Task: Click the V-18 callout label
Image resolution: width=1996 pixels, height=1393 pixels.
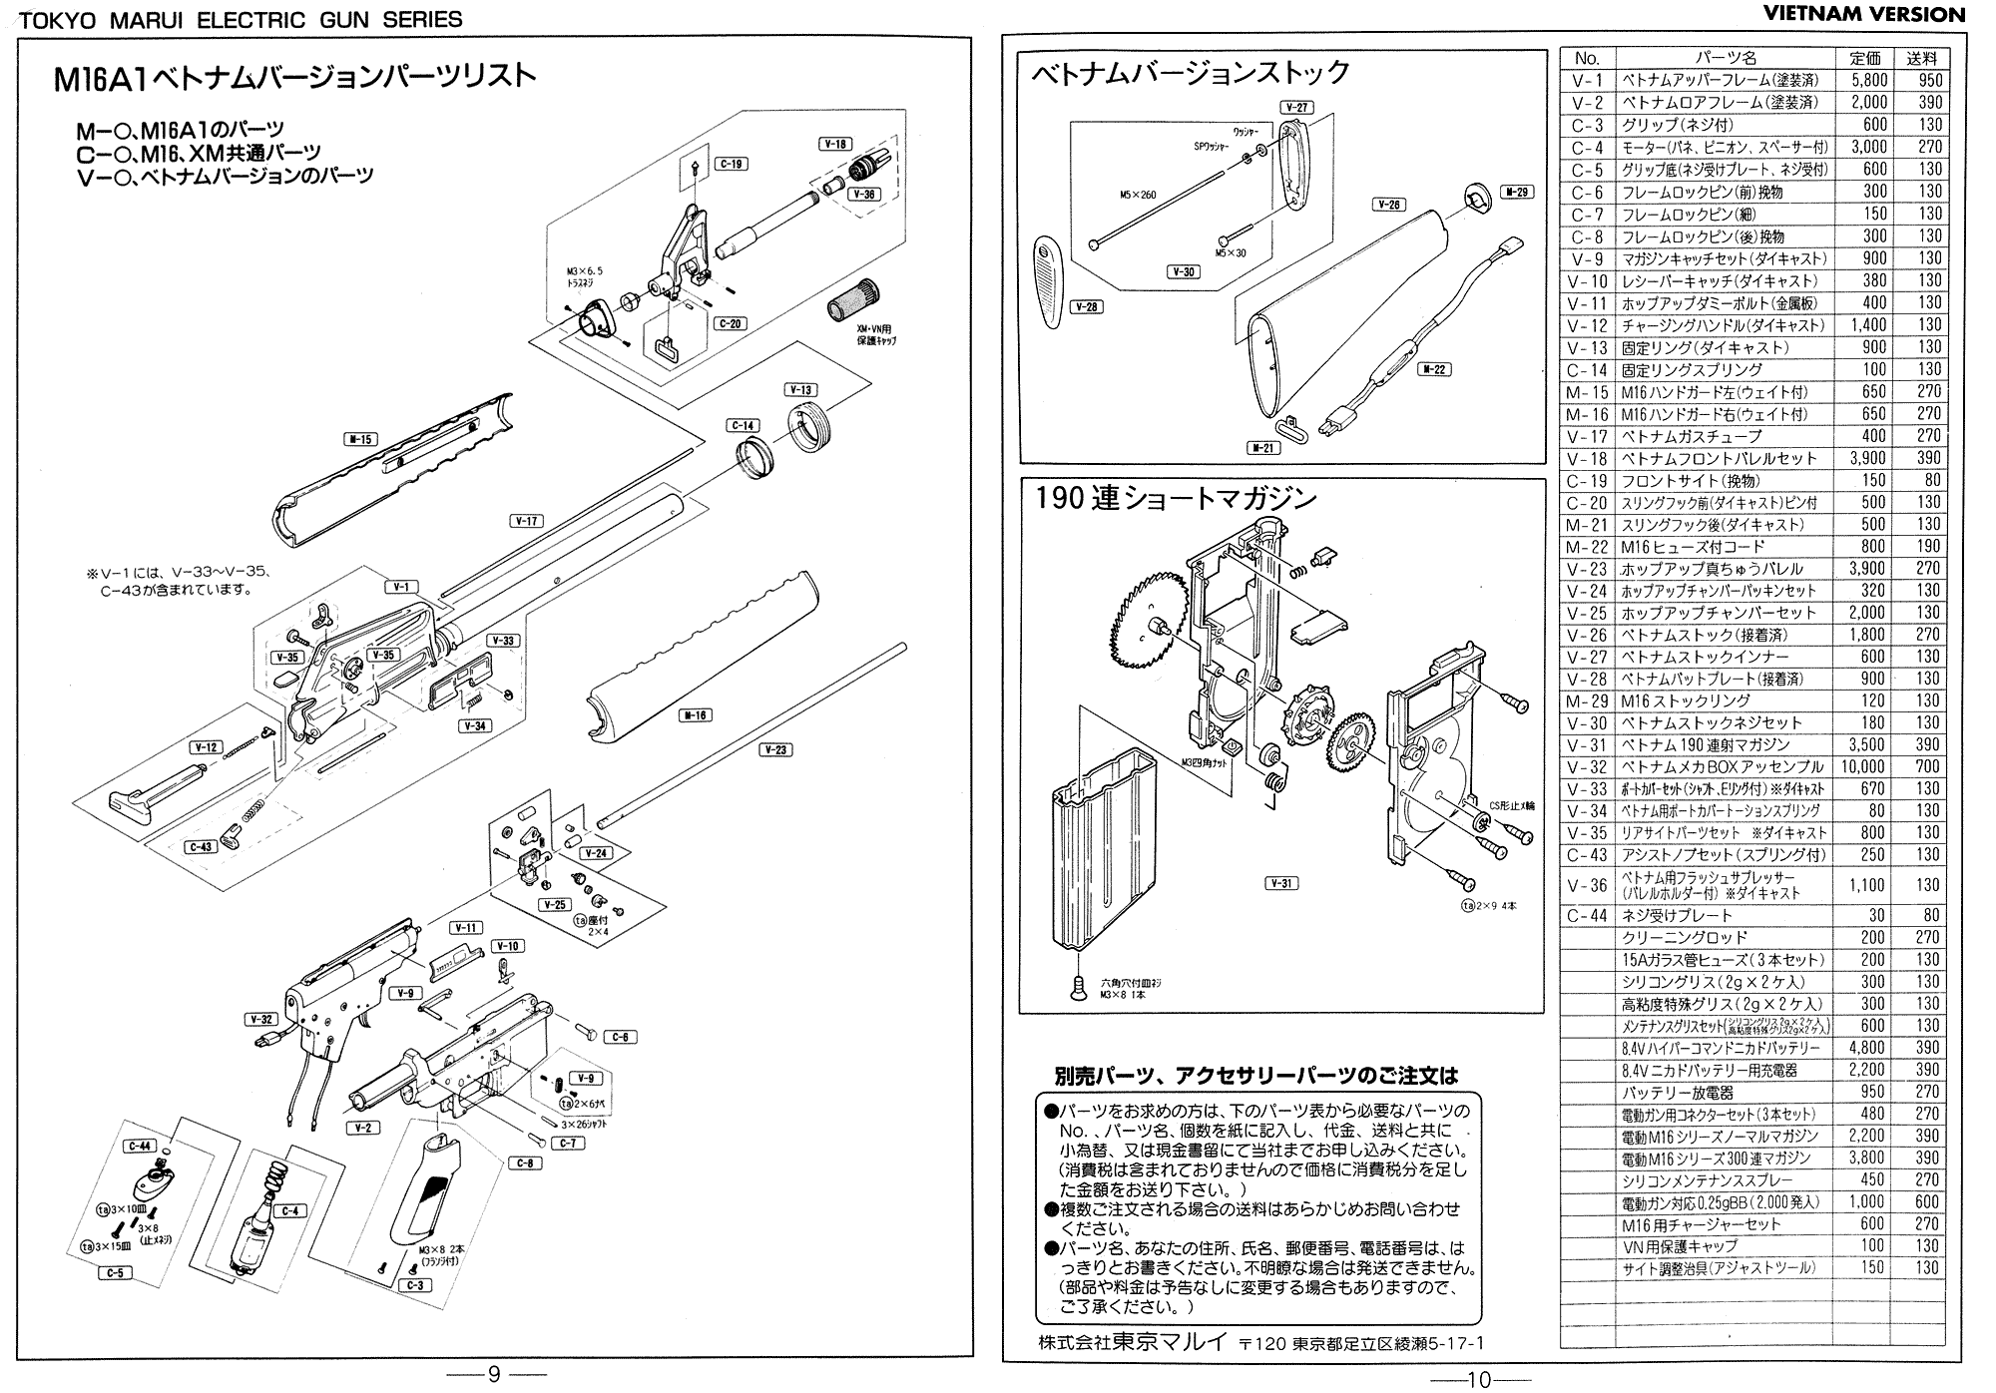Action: (x=835, y=144)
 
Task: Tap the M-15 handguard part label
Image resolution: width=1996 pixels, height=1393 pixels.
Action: (x=360, y=438)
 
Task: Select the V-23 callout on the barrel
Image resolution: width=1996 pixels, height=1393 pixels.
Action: (x=775, y=749)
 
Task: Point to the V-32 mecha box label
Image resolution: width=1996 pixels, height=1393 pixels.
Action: (x=260, y=1019)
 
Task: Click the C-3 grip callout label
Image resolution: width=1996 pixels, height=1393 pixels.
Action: (x=415, y=1285)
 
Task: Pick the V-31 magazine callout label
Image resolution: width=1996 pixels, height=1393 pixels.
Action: (x=1281, y=883)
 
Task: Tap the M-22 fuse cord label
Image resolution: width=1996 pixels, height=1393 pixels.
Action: (x=1434, y=369)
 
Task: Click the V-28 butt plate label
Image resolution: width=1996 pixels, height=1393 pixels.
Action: (x=1086, y=306)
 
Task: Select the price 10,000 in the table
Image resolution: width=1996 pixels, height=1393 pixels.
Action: (x=1862, y=766)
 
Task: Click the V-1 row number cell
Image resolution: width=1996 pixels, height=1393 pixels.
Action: (x=1587, y=81)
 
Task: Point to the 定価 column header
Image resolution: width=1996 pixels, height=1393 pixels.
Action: (x=1864, y=59)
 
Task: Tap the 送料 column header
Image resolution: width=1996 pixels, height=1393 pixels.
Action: (x=1921, y=59)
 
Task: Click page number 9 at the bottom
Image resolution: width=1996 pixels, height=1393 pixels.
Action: (x=493, y=1375)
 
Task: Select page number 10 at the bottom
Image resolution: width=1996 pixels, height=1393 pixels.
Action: (x=1479, y=1379)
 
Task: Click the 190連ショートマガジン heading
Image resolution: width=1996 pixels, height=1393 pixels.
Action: (x=1176, y=498)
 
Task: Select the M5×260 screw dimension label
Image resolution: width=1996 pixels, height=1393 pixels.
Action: (x=1138, y=195)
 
